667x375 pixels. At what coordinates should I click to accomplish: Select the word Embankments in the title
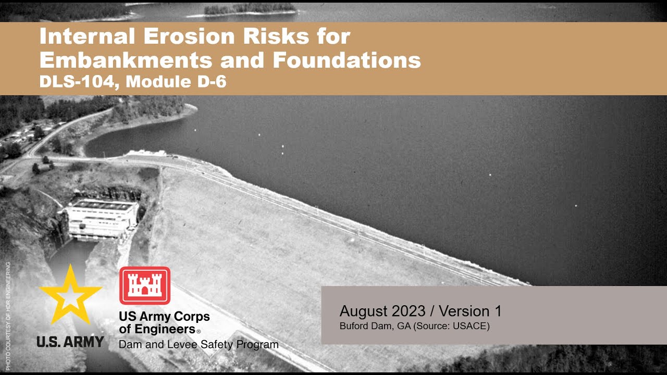click(125, 60)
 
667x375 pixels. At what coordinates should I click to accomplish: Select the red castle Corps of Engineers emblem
click(145, 285)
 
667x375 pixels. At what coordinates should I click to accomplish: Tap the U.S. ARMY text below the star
click(70, 342)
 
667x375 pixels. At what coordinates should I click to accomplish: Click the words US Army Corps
click(164, 316)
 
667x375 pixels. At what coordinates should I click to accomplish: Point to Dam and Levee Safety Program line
click(199, 344)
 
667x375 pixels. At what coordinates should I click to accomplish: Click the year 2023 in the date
click(402, 311)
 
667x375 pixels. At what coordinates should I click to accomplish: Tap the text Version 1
click(470, 311)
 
